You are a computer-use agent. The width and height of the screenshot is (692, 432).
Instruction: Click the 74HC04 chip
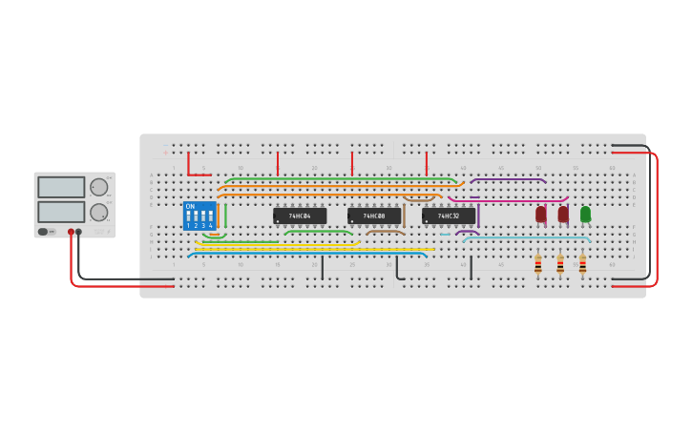(300, 216)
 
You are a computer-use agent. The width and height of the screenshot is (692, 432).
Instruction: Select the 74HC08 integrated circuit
(374, 216)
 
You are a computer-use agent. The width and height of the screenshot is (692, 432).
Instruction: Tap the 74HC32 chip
(449, 216)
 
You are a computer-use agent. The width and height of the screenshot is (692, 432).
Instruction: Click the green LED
(585, 214)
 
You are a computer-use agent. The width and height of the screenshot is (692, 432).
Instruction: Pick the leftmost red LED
(541, 214)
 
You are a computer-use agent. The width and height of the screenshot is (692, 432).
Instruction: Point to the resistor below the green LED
(582, 263)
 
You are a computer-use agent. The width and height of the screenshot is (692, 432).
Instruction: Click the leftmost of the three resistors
(538, 263)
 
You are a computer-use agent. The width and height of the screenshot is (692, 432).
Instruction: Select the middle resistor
(560, 263)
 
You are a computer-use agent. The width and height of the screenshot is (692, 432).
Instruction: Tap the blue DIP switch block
(199, 216)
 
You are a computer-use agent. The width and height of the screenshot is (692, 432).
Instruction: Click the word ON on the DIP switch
(190, 206)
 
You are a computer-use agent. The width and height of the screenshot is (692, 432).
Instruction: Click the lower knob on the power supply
(99, 212)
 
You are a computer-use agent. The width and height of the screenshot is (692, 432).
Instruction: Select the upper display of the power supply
(61, 188)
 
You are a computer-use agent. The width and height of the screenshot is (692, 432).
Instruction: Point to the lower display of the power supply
(61, 212)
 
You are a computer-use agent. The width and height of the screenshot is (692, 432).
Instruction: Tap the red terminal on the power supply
(71, 232)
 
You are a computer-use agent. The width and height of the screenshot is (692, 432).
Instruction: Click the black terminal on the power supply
(78, 232)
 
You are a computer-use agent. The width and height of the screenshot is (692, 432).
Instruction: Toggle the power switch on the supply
(44, 232)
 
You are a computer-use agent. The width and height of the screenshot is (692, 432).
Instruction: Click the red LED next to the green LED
(563, 214)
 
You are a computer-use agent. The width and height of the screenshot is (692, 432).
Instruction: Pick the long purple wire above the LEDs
(508, 178)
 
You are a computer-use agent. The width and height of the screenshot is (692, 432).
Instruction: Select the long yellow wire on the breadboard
(315, 250)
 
